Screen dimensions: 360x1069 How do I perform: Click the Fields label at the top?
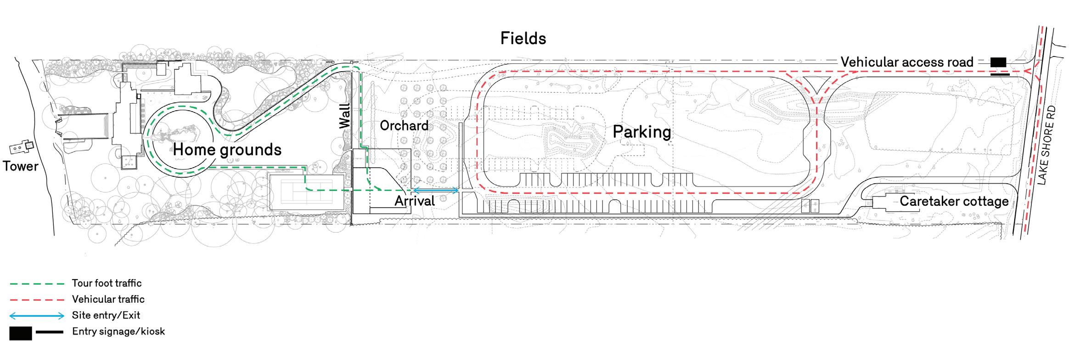pos(523,39)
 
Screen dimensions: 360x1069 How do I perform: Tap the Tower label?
pos(21,166)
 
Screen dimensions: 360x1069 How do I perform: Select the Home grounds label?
pos(227,149)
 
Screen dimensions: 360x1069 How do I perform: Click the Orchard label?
pos(404,125)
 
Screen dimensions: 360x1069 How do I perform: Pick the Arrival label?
pos(415,201)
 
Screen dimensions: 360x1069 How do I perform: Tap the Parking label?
pos(641,132)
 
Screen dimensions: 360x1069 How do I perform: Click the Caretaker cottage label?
pos(954,201)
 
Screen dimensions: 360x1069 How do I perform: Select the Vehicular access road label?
pos(907,62)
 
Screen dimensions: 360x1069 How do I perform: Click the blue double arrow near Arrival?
pos(436,190)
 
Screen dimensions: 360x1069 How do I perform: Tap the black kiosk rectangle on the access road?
pos(998,62)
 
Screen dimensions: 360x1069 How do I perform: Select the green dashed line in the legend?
pos(37,283)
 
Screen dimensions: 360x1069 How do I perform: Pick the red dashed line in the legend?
pos(37,299)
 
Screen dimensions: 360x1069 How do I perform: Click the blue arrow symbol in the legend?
pos(37,315)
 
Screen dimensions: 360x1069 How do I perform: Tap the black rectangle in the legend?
pos(21,333)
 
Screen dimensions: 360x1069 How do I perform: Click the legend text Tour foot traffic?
pos(107,283)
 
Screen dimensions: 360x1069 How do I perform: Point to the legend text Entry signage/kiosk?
pos(118,332)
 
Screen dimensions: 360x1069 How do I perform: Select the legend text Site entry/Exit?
pos(106,315)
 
